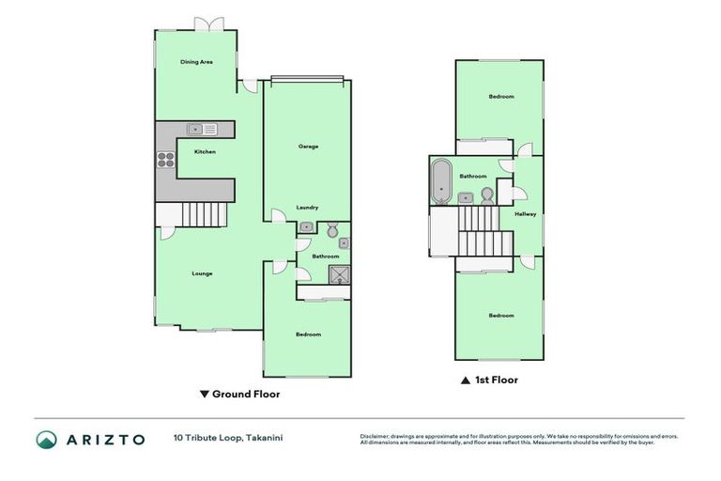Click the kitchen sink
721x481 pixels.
(202, 129)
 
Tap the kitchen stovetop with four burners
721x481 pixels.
(166, 159)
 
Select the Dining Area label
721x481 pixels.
(196, 62)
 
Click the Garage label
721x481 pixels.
(308, 147)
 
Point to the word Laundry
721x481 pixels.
(307, 208)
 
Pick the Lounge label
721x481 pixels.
(202, 273)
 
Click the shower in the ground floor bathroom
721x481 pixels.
(338, 273)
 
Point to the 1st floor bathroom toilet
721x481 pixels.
(486, 194)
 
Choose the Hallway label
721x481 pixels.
(525, 214)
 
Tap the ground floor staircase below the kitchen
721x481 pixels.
(206, 214)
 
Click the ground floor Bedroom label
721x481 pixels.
(308, 334)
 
